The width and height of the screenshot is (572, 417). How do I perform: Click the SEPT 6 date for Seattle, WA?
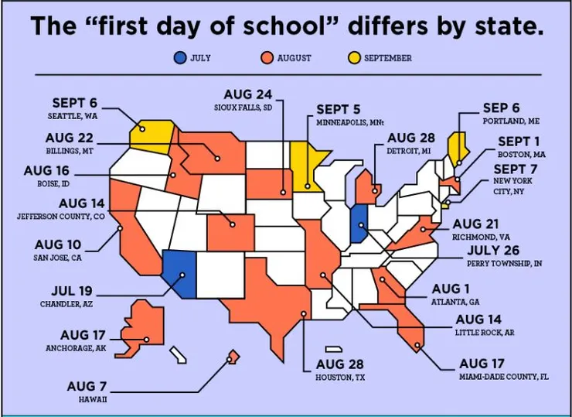(74, 103)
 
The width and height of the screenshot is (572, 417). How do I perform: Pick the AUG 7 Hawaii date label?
(87, 386)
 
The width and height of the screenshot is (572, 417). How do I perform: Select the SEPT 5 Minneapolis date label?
(339, 109)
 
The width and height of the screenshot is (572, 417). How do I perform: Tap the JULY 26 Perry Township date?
(503, 250)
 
